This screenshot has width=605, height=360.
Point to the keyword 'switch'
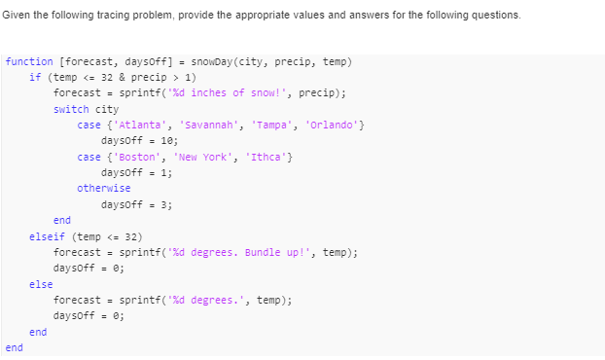[71, 109]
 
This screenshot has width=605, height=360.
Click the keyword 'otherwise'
[103, 189]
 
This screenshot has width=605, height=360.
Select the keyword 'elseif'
[47, 236]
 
